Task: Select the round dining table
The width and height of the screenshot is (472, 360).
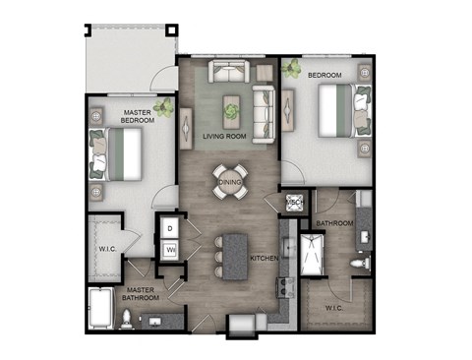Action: click(x=229, y=182)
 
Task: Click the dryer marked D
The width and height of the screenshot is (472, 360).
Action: click(x=169, y=228)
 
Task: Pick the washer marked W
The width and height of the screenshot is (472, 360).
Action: click(x=169, y=250)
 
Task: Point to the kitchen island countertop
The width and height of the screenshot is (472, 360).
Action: click(x=236, y=257)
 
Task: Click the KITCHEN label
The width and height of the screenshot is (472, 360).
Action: click(x=264, y=258)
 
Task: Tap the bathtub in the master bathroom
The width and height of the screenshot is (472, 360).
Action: click(x=101, y=308)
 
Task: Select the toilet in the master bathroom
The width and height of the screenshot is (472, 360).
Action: click(x=127, y=316)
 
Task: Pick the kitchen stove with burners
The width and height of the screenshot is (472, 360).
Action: click(x=285, y=286)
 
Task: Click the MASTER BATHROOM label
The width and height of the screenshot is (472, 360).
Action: click(x=144, y=293)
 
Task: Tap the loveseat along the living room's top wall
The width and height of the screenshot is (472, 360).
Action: click(x=227, y=72)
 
